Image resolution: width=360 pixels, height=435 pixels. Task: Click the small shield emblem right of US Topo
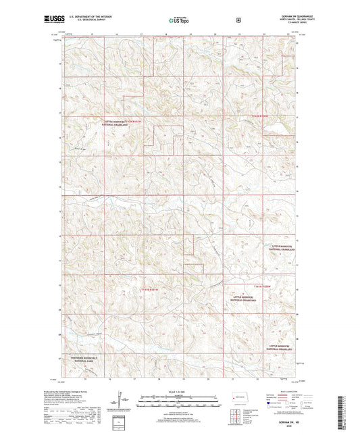238,20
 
